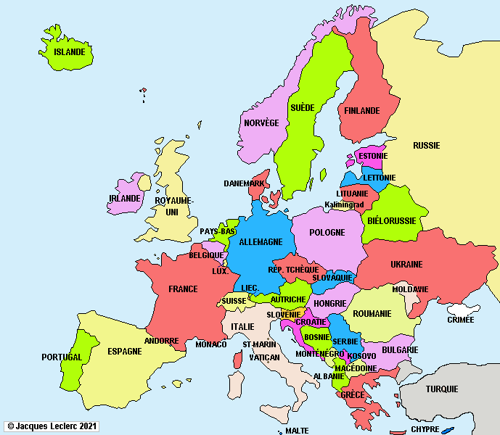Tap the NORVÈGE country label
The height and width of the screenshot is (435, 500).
(261, 123)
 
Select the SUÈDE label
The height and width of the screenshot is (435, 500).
(302, 107)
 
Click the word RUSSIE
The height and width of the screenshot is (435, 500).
(426, 146)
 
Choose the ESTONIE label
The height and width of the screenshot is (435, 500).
(372, 156)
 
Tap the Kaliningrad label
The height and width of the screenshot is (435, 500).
(344, 205)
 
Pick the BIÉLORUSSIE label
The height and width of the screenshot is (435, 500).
(392, 220)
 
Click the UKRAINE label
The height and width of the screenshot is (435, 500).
(406, 264)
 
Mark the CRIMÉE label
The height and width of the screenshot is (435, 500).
(460, 320)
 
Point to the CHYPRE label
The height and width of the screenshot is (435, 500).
(425, 429)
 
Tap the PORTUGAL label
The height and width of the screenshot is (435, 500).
(62, 357)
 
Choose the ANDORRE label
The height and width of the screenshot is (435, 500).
(161, 341)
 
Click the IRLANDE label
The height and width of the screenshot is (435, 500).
(124, 199)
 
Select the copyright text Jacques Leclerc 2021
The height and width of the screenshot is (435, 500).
(52, 426)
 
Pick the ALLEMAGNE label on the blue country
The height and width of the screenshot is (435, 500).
(261, 242)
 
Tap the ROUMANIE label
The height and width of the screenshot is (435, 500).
(372, 314)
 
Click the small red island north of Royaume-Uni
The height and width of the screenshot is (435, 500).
(144, 91)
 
